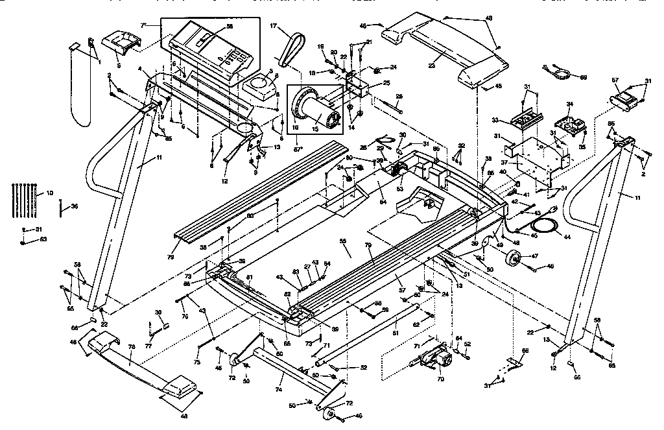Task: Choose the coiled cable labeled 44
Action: click(545, 226)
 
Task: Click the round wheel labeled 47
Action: click(517, 260)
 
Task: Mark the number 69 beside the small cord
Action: click(583, 78)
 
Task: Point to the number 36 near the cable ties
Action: click(75, 207)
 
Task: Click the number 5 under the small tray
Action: click(119, 65)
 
